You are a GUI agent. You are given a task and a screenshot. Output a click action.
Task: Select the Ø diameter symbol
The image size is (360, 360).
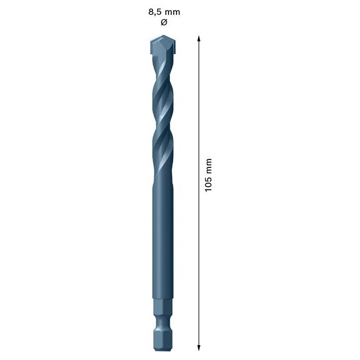[x=163, y=22]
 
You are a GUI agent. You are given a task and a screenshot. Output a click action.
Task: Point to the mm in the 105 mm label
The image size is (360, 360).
[x=209, y=165]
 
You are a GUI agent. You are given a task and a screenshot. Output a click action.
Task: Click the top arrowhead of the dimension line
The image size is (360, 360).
[x=199, y=38]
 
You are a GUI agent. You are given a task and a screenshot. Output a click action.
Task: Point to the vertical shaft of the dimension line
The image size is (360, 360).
[x=199, y=257]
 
